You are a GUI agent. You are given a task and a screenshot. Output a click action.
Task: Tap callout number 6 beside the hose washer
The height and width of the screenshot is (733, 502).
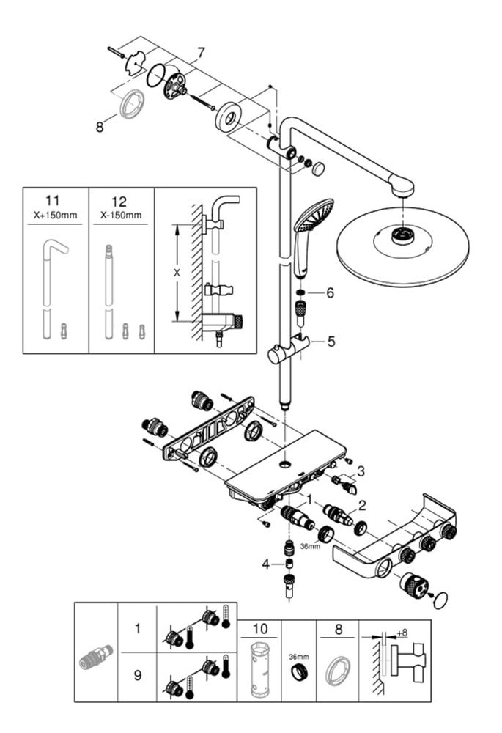click(330, 292)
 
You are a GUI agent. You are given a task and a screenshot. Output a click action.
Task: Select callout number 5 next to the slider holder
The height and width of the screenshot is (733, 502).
click(331, 340)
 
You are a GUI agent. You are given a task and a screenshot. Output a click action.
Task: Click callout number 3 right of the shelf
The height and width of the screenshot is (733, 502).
click(360, 471)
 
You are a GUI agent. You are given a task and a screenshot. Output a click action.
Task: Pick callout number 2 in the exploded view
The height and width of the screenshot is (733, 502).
click(361, 504)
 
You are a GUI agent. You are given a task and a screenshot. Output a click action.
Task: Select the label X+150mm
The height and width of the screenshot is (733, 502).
click(56, 216)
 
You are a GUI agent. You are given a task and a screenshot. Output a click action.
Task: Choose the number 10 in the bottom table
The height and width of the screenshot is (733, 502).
click(259, 628)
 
